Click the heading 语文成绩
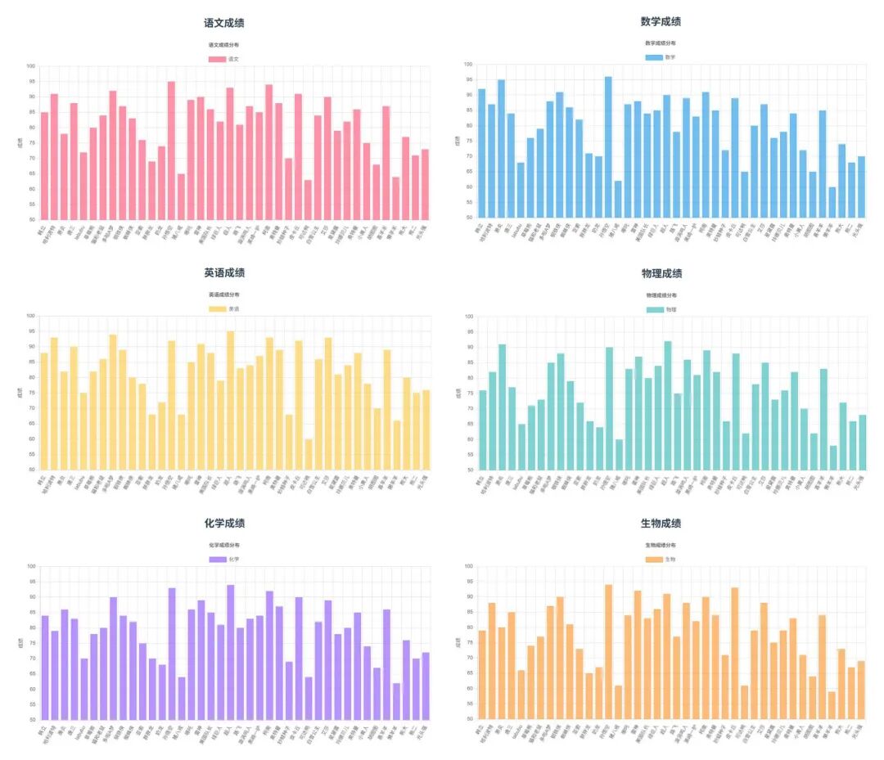pyautogui.click(x=224, y=24)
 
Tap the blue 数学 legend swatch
pyautogui.click(x=653, y=57)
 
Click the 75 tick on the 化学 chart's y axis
pyautogui.click(x=32, y=643)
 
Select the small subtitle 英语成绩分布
pyautogui.click(x=224, y=295)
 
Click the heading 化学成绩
pyautogui.click(x=224, y=524)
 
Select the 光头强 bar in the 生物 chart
pyautogui.click(x=860, y=690)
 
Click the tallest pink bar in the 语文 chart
pyautogui.click(x=171, y=151)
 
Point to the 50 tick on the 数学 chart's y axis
pyautogui.click(x=468, y=218)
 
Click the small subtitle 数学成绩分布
pyautogui.click(x=661, y=43)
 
